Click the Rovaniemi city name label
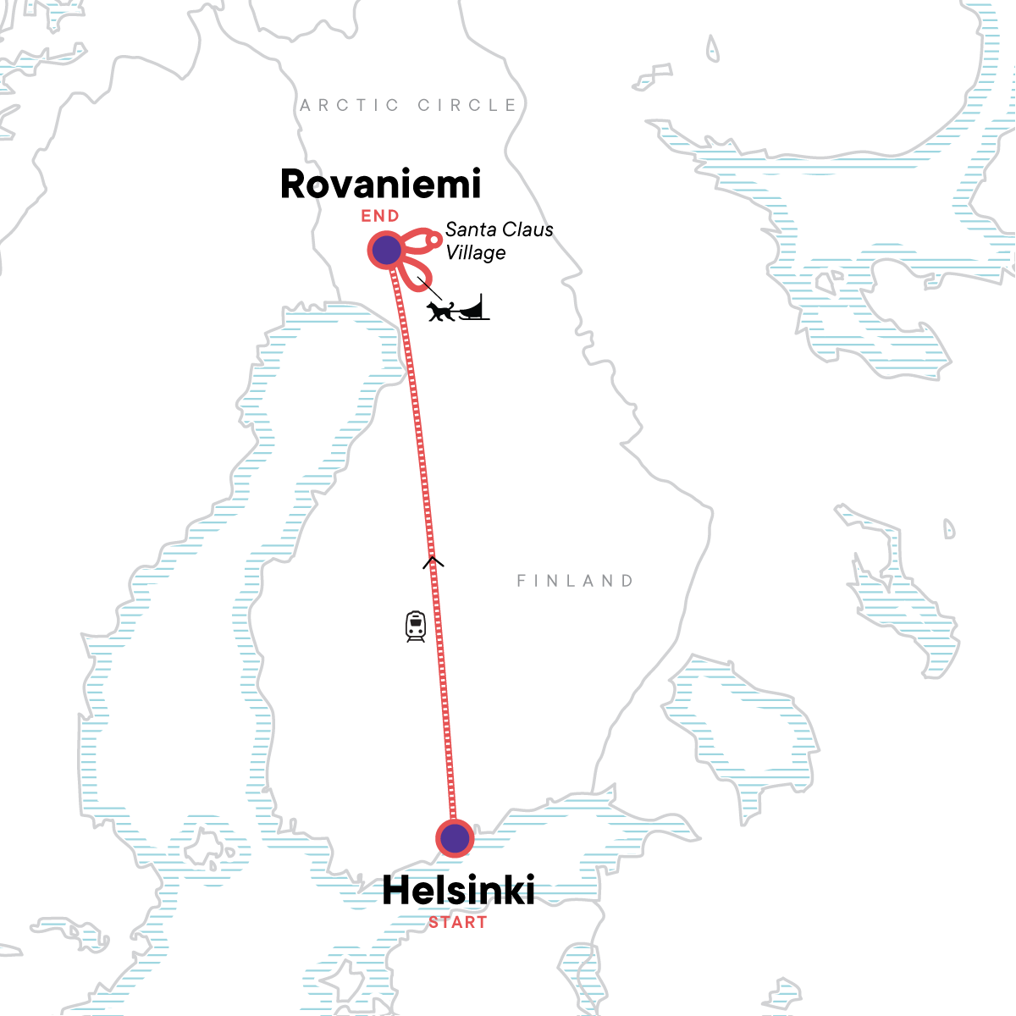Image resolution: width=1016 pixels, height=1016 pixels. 380,185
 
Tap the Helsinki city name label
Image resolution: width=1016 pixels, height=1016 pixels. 458,891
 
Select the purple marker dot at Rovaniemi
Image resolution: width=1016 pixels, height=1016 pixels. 386,250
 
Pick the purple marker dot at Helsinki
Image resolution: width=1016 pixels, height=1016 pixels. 456,838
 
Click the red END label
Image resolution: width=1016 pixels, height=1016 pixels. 380,216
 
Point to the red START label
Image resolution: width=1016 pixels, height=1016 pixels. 457,922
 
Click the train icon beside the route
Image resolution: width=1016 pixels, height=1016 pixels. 416,627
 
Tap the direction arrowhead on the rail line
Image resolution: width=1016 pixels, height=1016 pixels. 433,560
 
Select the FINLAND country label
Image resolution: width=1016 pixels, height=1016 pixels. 575,581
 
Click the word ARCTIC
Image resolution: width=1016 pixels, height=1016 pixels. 350,105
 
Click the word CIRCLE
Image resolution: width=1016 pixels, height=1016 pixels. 467,105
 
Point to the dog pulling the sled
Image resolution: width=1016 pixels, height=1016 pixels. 441,311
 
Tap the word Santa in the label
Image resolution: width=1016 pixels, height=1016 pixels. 470,229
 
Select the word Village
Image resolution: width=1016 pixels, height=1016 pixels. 476,252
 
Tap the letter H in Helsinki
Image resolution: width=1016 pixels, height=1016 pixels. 395,891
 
